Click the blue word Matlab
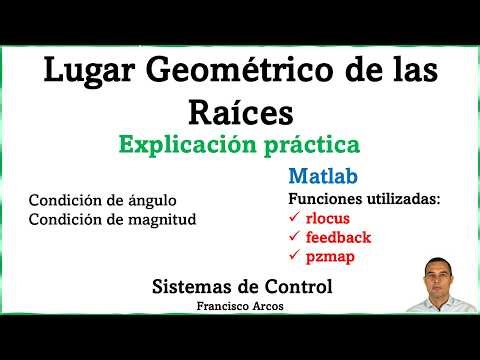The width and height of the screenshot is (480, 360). (319, 176)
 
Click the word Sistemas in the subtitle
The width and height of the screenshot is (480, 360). (192, 287)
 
